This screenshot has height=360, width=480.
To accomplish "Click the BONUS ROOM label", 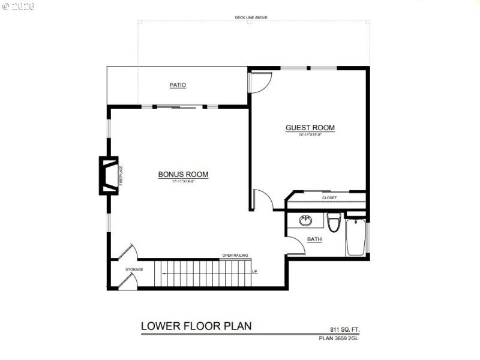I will pos(183,175).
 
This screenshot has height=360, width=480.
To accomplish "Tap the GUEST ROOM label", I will pos(310,128).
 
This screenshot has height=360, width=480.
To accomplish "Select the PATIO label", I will pos(178,85).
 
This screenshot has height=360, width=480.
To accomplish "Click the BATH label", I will pos(314,239).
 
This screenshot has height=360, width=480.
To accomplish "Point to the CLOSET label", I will pos(329,197).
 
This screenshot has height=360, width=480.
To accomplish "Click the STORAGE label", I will pos(134,269).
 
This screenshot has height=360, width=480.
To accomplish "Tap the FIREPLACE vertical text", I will pos(121,175).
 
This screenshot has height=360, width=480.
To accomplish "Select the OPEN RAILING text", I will pos(235,255).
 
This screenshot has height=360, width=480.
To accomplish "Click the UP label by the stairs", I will pos(254,272).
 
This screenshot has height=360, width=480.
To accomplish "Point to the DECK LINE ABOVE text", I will pos(251,18).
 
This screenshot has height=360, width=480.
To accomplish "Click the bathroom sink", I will pos(306,220).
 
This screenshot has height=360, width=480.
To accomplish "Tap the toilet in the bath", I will pos(334,221).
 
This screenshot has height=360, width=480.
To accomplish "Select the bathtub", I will pos(355,237).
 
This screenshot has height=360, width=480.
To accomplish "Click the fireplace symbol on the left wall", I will pos(108,175).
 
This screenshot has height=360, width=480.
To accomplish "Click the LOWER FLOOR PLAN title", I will pos(196,326).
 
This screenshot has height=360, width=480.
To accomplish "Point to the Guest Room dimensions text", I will pos(310,135).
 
